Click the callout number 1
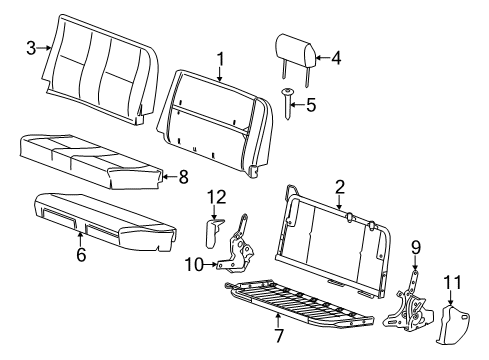[x=220, y=57]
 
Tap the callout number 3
[x=31, y=47]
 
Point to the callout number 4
[x=336, y=57]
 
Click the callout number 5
[x=309, y=103]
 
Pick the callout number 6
[x=81, y=255]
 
